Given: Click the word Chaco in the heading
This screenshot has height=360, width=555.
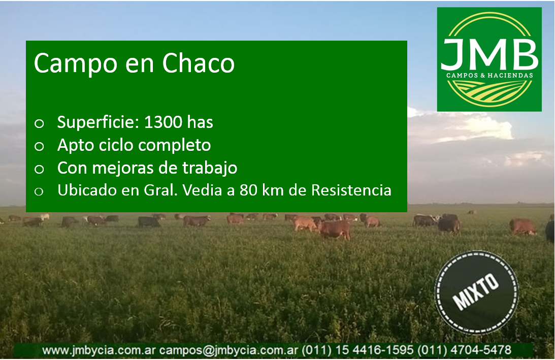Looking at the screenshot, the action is [x=198, y=63].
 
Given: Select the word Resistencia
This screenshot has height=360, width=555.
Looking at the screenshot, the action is [x=351, y=190].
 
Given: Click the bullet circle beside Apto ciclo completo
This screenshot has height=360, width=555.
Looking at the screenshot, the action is [x=39, y=146].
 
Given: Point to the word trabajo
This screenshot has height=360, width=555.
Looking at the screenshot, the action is [x=210, y=168].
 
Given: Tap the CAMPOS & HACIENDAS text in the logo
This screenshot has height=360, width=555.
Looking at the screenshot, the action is [x=489, y=75].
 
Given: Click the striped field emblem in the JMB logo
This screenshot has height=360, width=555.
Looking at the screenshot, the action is [x=489, y=91].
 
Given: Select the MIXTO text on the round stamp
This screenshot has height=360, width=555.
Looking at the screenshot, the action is [x=476, y=292].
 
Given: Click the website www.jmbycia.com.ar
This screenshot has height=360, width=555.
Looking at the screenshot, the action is [x=99, y=350].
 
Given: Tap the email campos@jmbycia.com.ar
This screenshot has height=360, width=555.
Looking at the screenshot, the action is [x=228, y=350].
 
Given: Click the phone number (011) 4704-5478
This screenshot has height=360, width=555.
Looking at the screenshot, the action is [x=465, y=350].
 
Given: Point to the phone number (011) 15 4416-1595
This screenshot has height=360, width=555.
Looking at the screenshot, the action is [x=357, y=350].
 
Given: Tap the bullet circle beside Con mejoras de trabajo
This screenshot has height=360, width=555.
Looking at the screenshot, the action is [x=39, y=169].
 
